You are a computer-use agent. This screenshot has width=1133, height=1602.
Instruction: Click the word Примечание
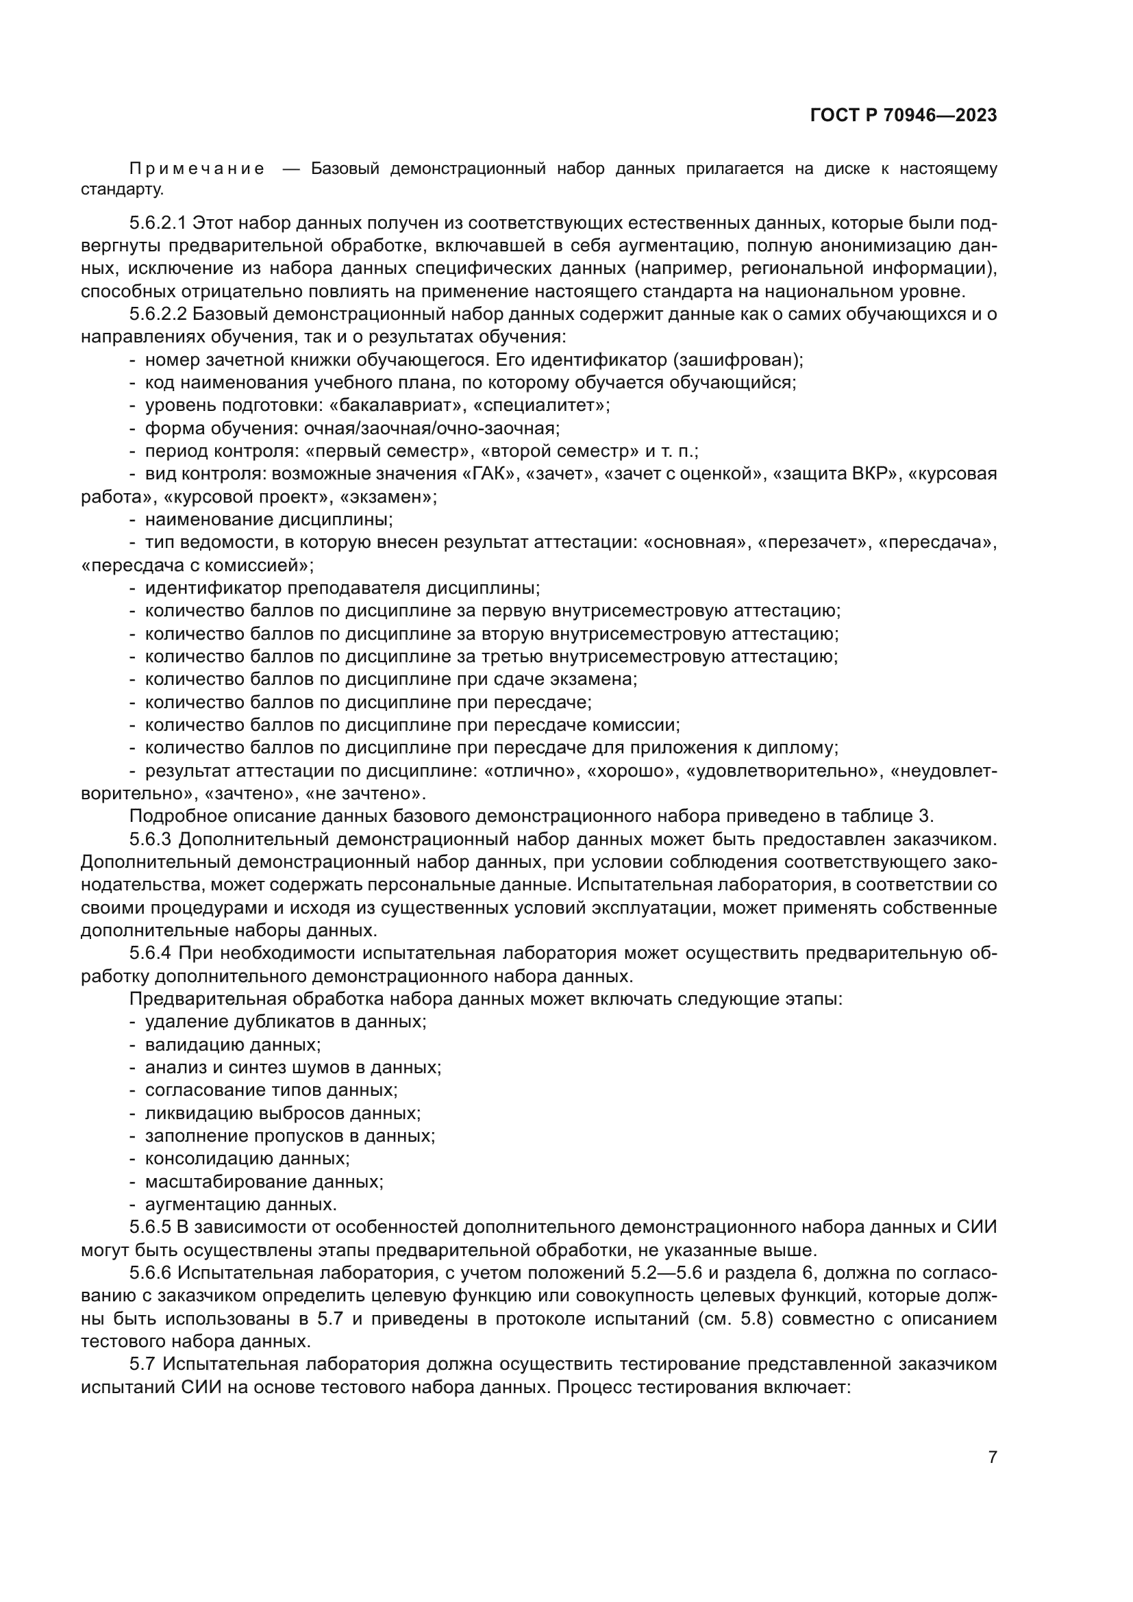tap(197, 169)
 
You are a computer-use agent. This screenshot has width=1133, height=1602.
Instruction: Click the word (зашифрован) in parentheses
tap(738, 360)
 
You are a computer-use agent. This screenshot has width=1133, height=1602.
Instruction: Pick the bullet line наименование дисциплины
tap(269, 519)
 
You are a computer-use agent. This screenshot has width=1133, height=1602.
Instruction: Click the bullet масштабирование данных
tap(264, 1181)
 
